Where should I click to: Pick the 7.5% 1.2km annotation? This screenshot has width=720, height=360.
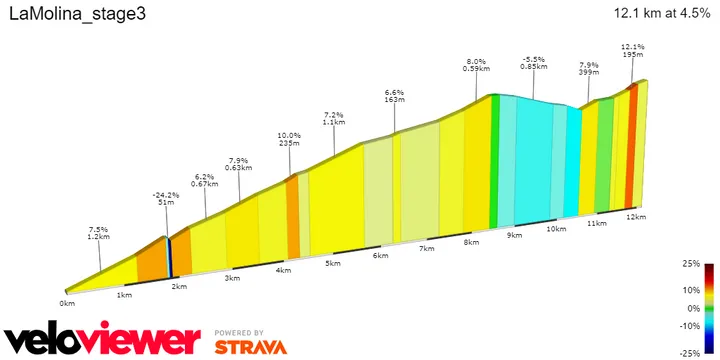98,234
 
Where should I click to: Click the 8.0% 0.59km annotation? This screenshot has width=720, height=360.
476,64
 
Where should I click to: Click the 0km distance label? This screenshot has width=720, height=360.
67,303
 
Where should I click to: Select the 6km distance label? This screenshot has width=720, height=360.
379,256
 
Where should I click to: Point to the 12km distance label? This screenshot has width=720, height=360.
634,217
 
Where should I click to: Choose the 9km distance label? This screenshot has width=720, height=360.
515,236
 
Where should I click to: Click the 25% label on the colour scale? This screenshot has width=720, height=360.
690,264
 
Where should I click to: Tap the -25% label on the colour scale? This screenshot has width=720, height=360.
689,353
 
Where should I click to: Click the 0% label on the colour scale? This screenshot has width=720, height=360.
692,308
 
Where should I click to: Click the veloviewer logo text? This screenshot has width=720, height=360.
100,339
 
